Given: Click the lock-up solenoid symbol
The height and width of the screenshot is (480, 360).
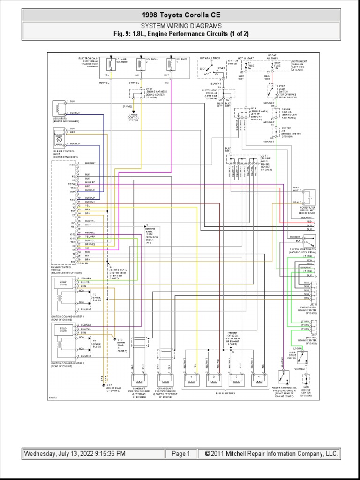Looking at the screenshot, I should click(x=111, y=65).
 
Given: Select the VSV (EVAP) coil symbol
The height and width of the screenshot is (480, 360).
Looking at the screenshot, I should click(x=60, y=108).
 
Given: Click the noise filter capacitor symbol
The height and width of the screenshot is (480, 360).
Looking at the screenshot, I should click(x=309, y=196).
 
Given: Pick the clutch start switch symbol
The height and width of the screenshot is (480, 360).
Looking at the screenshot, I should click(x=309, y=241).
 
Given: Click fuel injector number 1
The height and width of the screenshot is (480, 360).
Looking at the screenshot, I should click(x=191, y=377).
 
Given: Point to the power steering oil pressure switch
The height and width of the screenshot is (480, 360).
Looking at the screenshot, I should click(x=282, y=376).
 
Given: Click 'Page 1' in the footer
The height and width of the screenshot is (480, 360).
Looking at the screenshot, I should click(x=181, y=454).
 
